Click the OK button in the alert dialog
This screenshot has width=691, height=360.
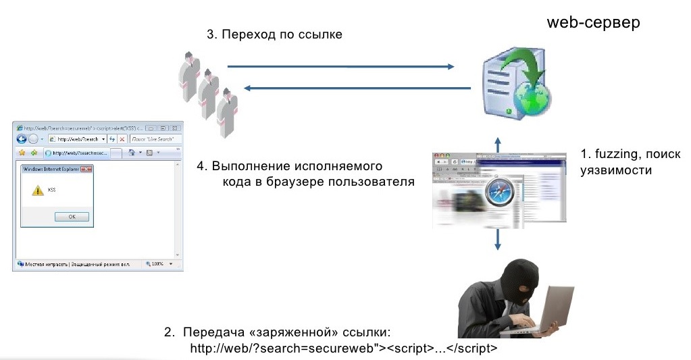(72, 217)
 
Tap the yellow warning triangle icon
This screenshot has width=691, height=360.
(38, 191)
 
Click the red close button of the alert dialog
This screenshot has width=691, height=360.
(86, 170)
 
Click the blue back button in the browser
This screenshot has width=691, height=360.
(22, 139)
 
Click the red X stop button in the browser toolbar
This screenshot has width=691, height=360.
(122, 139)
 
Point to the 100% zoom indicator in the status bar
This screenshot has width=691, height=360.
(157, 263)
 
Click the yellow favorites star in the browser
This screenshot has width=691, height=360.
(21, 153)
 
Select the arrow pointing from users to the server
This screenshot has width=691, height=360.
(340, 66)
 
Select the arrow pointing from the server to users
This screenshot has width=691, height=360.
(357, 88)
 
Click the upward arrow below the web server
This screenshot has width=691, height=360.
(498, 144)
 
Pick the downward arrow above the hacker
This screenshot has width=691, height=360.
(498, 239)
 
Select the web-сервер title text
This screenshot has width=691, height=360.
(593, 22)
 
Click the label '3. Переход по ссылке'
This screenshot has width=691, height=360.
(274, 34)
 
